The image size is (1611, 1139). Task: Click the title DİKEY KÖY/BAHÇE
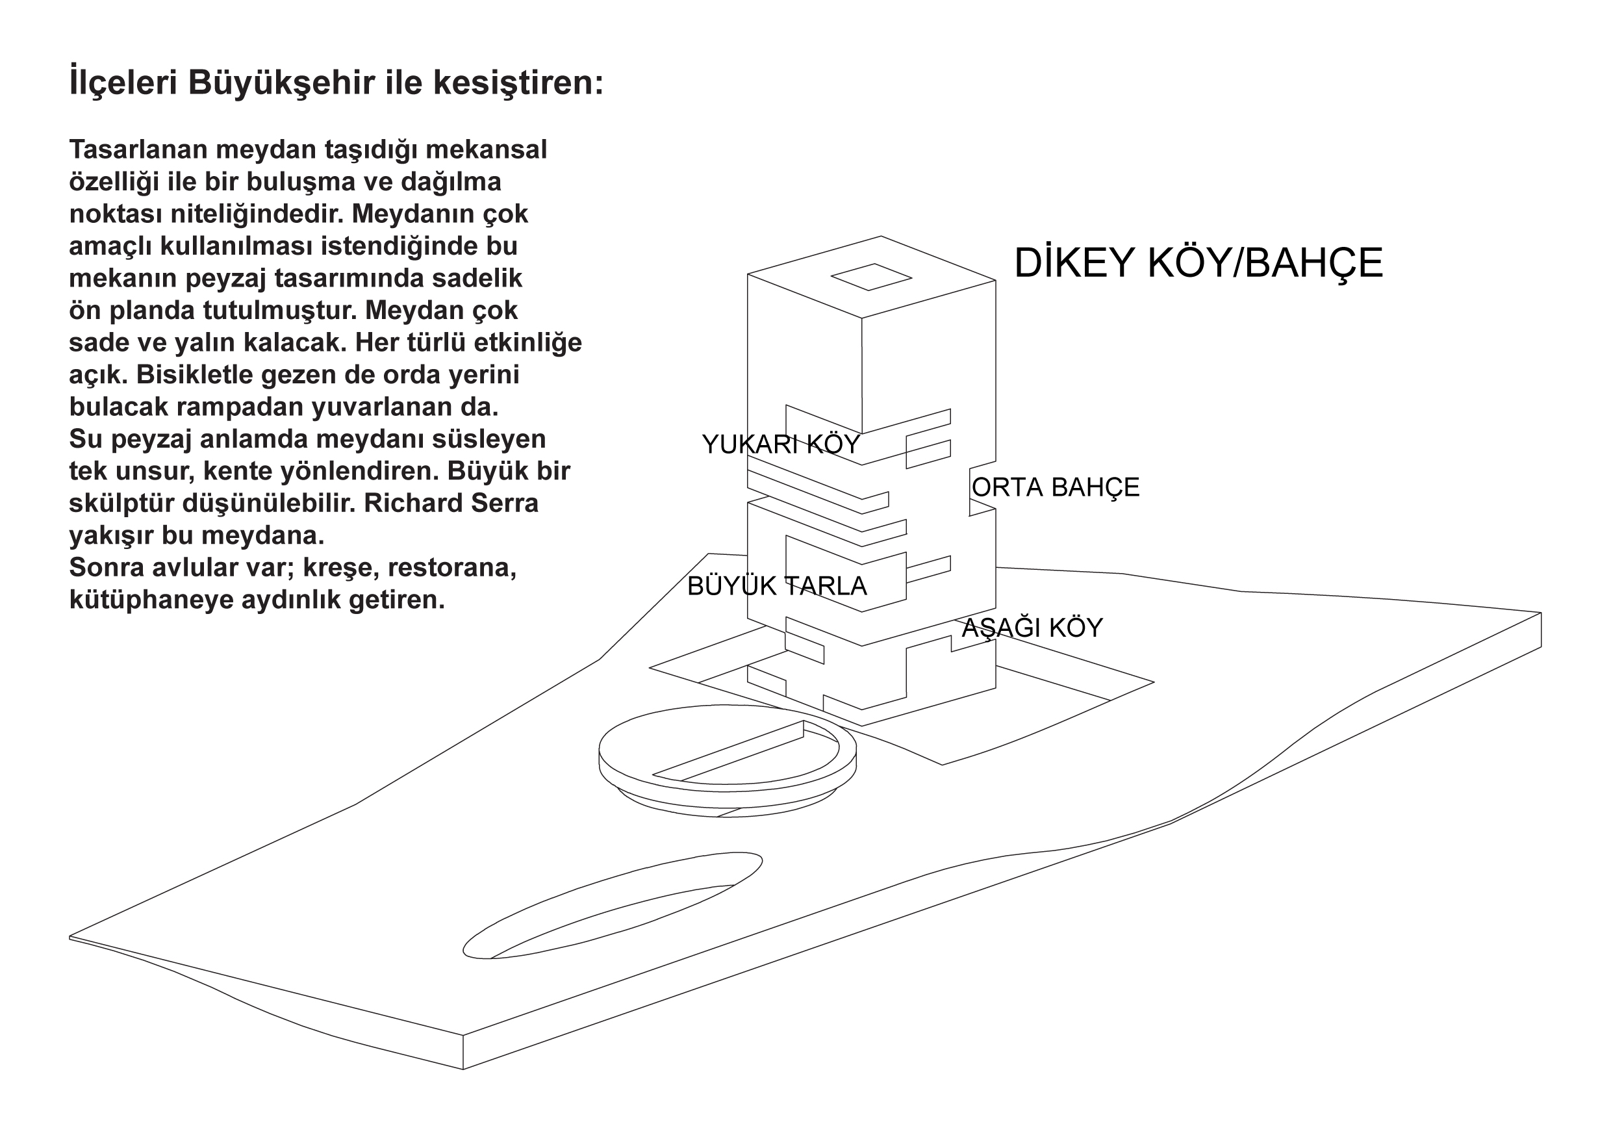tap(1199, 263)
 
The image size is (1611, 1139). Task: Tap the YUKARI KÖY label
tap(781, 444)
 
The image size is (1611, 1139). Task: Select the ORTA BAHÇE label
tap(1056, 488)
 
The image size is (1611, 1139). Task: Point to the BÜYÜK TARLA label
tap(777, 586)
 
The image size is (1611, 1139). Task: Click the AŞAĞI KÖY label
tap(1032, 628)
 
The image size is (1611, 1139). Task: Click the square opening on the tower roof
tap(872, 277)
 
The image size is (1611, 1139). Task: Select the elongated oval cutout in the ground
tap(613, 904)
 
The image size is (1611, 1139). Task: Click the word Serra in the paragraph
tap(508, 503)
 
